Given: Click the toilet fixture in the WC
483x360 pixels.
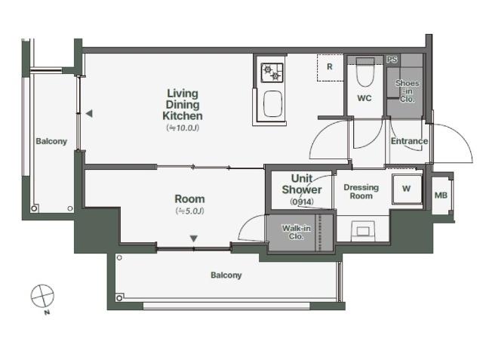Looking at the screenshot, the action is (365, 72).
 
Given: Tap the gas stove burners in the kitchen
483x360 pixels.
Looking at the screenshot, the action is (272, 72).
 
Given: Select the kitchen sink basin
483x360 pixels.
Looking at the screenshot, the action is (273, 104).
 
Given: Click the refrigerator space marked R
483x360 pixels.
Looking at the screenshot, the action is (331, 68).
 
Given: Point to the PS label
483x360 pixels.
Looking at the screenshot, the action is (392, 59).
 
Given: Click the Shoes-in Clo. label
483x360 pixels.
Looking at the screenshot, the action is (408, 91).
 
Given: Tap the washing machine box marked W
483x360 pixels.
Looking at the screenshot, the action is (407, 189).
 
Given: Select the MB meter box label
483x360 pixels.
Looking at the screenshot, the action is (441, 195).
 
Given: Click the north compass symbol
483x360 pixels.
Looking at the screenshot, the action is (42, 297).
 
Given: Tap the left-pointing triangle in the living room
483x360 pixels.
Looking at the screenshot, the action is (89, 114).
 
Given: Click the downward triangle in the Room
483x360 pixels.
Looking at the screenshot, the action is (193, 238).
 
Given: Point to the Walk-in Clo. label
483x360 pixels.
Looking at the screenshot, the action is (297, 232).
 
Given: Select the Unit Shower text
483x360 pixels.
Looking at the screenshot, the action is (302, 184).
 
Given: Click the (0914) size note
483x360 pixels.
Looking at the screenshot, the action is (302, 202).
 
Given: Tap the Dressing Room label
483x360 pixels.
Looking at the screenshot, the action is (361, 192).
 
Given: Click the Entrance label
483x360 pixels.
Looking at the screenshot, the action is (409, 141).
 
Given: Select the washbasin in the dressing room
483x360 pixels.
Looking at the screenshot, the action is (363, 231).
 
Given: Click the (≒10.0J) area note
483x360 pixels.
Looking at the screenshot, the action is (183, 128).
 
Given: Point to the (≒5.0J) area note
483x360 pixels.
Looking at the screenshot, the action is (189, 211).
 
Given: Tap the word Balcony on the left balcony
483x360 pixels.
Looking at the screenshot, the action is (51, 141).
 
